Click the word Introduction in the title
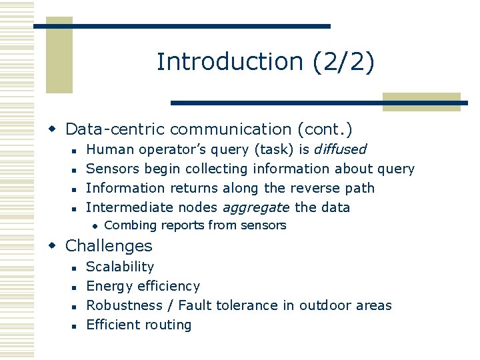coord(230,61)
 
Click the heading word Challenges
coord(109,245)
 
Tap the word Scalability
coord(120,267)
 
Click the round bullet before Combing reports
coord(95,226)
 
